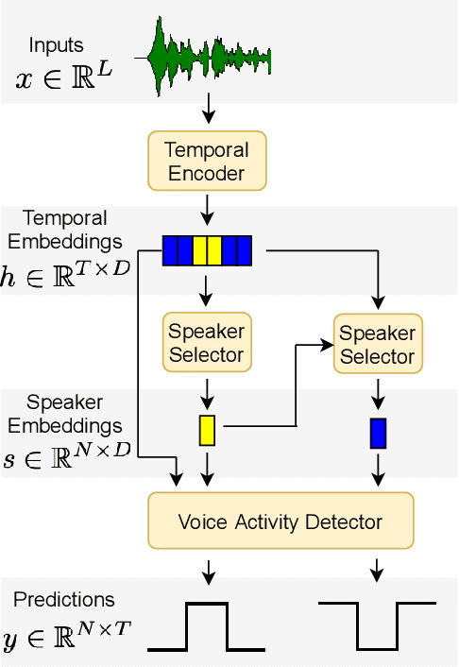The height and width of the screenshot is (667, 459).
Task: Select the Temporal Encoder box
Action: click(206, 161)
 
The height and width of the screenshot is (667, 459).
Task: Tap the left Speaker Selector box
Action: click(206, 343)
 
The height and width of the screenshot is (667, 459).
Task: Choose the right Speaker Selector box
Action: click(377, 344)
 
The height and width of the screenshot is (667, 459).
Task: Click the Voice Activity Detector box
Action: click(280, 522)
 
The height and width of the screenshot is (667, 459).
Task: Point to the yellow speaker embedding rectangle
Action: click(207, 430)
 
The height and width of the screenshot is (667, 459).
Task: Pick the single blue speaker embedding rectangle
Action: click(378, 432)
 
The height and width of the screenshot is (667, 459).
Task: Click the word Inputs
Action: click(56, 45)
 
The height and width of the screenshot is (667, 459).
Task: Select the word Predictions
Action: click(64, 600)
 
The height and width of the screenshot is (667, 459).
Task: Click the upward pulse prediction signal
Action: click(207, 625)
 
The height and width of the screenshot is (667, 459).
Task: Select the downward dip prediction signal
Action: click(378, 624)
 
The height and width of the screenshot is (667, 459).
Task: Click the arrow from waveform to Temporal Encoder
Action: click(207, 110)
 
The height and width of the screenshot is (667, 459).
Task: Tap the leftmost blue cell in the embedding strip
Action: click(170, 250)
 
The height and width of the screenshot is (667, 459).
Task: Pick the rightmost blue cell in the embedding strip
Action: click(244, 250)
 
